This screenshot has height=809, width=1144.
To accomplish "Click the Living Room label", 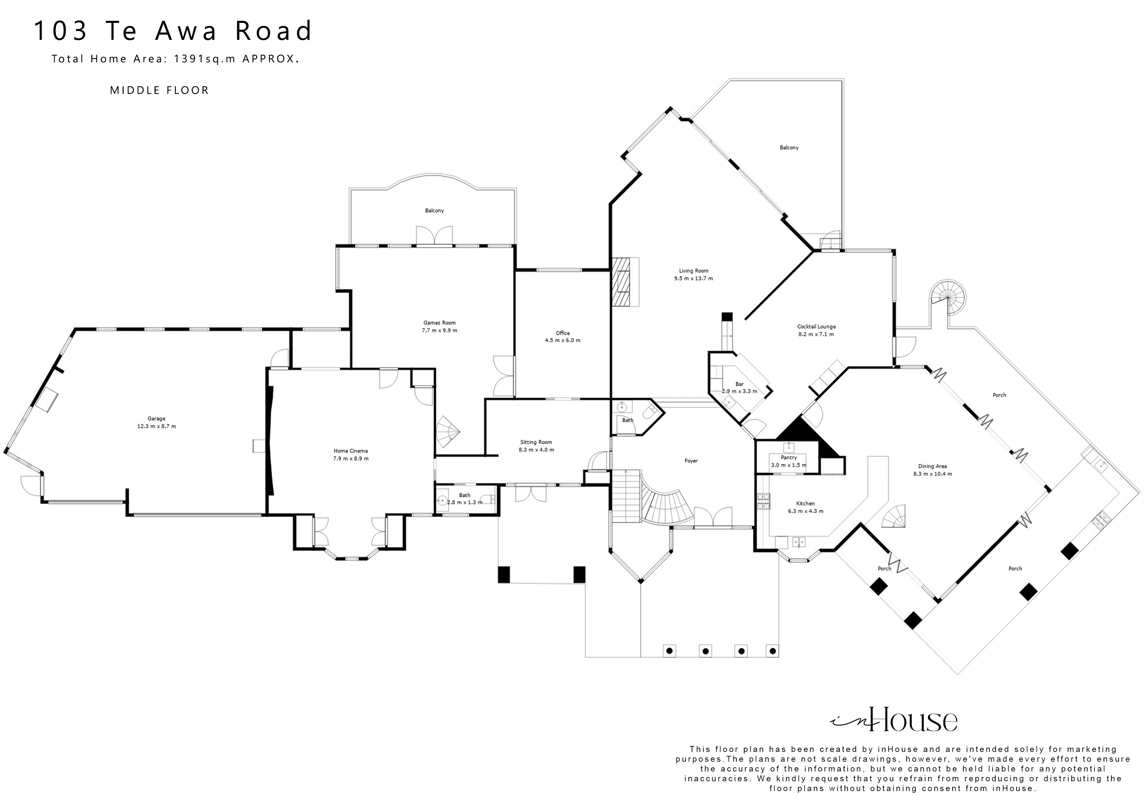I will click(x=693, y=271).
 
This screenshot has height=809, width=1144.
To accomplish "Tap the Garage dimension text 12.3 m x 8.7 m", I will click(x=157, y=426).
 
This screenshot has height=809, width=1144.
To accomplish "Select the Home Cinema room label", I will click(x=351, y=450).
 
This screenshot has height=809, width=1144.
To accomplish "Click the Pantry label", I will click(x=789, y=457).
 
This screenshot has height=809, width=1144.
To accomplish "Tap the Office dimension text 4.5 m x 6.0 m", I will click(x=563, y=341).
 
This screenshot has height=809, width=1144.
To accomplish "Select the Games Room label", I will click(x=439, y=323).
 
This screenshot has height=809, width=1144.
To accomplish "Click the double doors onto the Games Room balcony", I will click(x=434, y=236).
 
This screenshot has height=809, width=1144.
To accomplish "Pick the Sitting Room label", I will click(x=536, y=442).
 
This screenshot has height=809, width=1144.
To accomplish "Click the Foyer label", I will click(x=691, y=461).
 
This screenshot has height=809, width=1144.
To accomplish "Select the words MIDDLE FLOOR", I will click(x=159, y=90).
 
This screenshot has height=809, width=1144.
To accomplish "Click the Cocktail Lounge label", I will click(x=816, y=327).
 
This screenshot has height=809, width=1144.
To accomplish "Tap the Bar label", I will click(x=739, y=384).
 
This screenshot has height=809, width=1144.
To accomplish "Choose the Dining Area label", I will click(x=932, y=466).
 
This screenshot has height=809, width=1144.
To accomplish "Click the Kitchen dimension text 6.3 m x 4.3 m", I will click(x=805, y=511).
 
